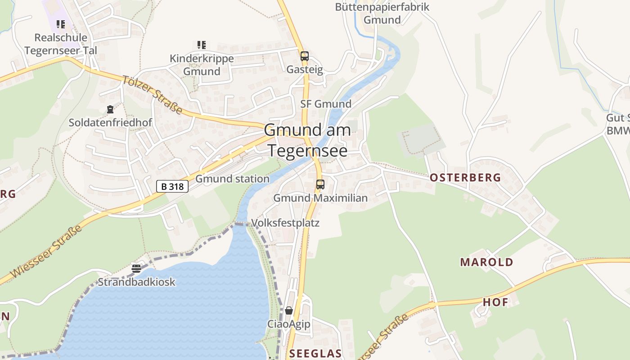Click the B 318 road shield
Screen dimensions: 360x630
coord(172,186)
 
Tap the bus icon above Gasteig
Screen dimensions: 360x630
coord(305,56)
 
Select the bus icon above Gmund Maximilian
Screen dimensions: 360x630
coord(320,184)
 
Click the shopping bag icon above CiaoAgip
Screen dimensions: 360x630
coord(289,310)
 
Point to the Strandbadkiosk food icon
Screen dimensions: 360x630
coord(136,269)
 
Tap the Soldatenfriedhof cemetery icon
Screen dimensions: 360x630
coord(110,109)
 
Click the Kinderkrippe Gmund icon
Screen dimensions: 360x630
coord(201,45)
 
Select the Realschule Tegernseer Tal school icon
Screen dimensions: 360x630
coord(60,24)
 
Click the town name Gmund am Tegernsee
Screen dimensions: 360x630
coord(308,140)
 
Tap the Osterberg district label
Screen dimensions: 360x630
coord(465,177)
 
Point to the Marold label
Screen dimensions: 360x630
coord(486,262)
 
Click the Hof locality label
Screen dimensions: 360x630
coord(495,302)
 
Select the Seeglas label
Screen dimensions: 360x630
coord(315,353)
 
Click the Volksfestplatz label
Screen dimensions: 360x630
coord(285,223)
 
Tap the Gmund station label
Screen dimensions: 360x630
coord(232,179)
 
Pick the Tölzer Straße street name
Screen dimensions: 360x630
coord(152,95)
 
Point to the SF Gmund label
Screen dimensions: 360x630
coord(326,104)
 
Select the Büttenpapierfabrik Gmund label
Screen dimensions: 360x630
coord(382,13)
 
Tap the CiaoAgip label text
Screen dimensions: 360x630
coord(289,324)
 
